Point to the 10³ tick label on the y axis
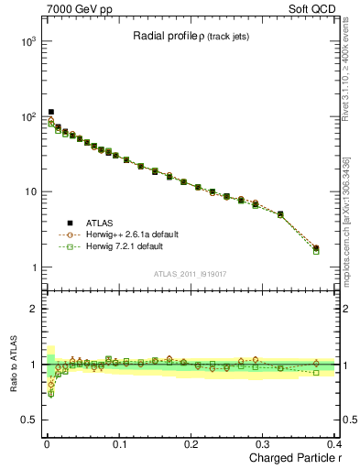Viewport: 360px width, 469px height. [27, 42]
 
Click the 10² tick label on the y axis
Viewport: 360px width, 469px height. [27, 117]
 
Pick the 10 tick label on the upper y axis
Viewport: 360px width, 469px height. [31, 192]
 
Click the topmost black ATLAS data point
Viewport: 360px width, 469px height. [51, 113]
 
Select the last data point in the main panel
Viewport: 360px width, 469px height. [316, 248]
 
